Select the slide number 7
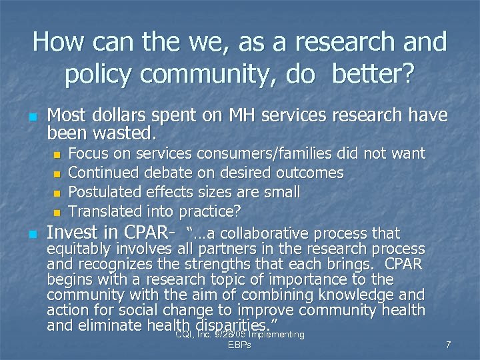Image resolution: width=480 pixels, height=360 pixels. pyautogui.click(x=449, y=345)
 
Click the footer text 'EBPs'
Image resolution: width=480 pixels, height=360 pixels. pyautogui.click(x=239, y=345)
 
